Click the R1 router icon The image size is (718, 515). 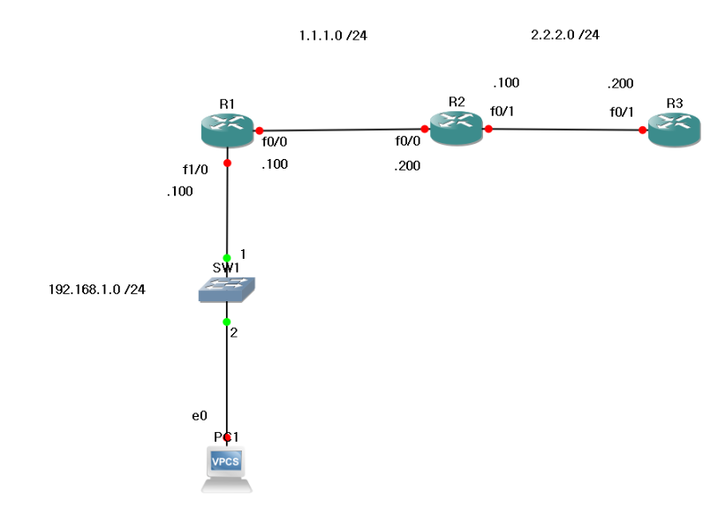pos(227,131)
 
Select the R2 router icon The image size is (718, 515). pos(456,128)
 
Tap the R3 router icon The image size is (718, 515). pos(674,130)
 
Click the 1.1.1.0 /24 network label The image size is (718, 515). pos(334,36)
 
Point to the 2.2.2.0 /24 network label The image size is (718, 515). pos(565,35)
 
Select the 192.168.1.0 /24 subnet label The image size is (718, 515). pos(96,289)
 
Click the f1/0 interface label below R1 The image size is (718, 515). pos(194,169)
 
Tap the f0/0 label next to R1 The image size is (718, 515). pos(274,140)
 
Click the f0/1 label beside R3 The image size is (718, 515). pos(622,111)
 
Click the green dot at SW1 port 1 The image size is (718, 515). pos(227,258)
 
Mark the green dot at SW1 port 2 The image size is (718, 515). pos(227,322)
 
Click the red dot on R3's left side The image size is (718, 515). pos(642,130)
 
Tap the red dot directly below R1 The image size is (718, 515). pos(227,163)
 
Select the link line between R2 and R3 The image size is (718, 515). pos(565,129)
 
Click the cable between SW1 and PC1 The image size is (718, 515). pos(227,380)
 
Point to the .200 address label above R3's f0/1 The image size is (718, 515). pos(620,85)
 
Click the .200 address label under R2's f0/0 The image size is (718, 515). pos(407,165)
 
